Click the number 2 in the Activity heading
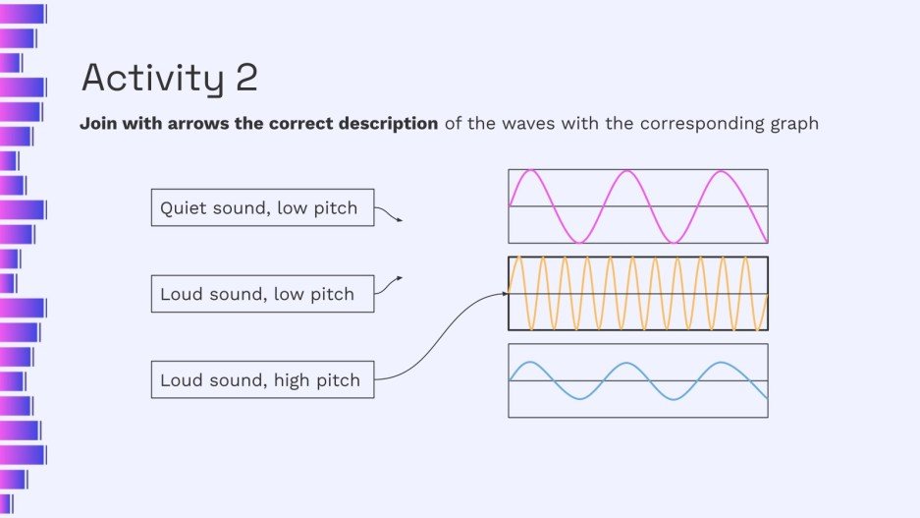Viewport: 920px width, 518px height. click(246, 78)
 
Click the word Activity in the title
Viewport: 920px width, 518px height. click(152, 79)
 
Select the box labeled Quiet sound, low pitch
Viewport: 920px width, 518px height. click(262, 207)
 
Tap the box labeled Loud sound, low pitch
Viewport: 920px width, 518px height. click(262, 294)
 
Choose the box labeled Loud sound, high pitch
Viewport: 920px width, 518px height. click(262, 379)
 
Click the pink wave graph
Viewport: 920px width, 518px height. click(637, 206)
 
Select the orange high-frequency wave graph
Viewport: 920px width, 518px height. click(637, 293)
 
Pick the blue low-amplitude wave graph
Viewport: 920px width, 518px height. click(637, 380)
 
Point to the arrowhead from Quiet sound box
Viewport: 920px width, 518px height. click(399, 220)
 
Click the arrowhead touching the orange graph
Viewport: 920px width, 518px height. click(504, 293)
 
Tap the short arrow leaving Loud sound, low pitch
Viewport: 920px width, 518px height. click(389, 283)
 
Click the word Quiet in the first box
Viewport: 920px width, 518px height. click(182, 207)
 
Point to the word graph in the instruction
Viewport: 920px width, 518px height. click(791, 125)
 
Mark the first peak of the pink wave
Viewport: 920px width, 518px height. click(530, 171)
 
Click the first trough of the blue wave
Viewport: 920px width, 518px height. click(578, 397)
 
